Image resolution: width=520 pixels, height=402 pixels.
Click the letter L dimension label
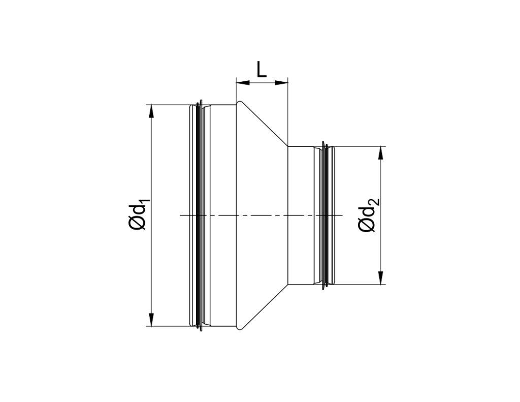pos(262,69)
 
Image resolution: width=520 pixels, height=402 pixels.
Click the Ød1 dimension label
pos(138,215)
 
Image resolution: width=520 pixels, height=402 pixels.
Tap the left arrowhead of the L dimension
pos(242,82)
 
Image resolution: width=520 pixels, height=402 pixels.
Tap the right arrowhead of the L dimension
pos(282,82)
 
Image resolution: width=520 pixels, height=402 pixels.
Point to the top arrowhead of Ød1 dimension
pos(151,110)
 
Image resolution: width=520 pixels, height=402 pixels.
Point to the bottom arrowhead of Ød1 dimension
pos(151,320)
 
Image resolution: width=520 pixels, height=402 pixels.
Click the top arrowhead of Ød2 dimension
pos(380,152)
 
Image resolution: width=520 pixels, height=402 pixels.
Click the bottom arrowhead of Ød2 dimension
pos(380,279)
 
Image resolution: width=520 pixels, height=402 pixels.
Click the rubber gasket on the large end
pos(200,215)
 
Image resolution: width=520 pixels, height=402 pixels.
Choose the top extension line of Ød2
pos(361,146)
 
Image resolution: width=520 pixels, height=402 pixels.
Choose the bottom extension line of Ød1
pos(168,326)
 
